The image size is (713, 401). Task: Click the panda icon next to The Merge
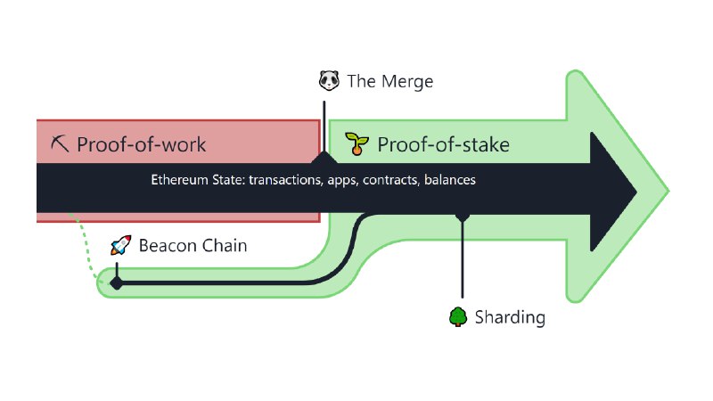point(329,80)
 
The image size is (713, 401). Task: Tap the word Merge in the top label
point(407,82)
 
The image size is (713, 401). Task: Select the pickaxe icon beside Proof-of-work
point(60,143)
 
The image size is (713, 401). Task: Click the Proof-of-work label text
point(142,144)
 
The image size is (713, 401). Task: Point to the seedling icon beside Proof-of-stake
point(356,143)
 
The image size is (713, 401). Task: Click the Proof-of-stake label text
point(443,144)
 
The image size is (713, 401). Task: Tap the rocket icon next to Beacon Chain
point(121,245)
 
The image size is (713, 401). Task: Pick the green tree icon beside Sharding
point(458,317)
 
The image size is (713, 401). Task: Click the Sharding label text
point(510,317)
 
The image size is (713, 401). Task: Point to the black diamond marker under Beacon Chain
point(117,283)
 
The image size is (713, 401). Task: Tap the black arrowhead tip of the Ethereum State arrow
point(636,192)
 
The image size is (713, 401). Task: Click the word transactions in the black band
point(286,180)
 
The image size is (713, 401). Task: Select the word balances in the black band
point(450,180)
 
